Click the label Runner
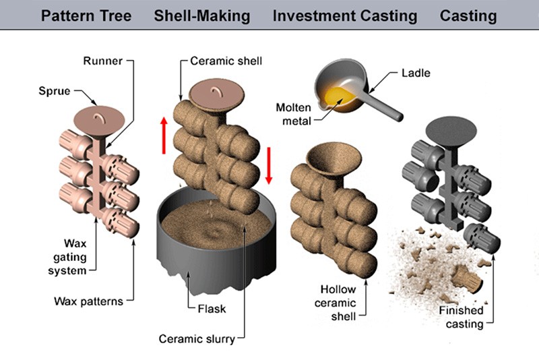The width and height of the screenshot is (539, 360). tap(102, 61)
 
